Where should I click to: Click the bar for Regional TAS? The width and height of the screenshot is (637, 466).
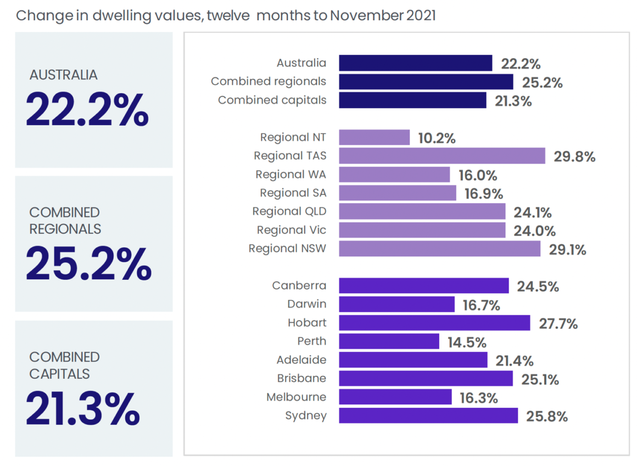coord(442,156)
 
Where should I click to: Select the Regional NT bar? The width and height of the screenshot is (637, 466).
coord(374,137)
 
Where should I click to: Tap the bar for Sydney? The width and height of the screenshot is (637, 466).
coord(428,416)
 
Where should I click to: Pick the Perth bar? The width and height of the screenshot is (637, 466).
coord(389,341)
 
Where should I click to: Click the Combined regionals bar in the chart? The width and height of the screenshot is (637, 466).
coord(426,82)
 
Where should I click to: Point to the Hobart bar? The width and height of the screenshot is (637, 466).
coord(434,323)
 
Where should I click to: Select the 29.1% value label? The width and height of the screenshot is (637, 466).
coord(567,250)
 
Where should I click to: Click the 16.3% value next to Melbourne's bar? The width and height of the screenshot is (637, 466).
coord(478,398)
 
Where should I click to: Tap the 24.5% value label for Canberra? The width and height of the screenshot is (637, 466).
coord(538,287)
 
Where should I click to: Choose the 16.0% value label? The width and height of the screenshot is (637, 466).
coord(478,176)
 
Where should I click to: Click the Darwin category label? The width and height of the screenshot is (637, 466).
coord(306,304)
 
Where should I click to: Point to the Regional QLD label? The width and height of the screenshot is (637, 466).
coord(289,211)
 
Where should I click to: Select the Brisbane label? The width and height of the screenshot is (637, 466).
coord(301,378)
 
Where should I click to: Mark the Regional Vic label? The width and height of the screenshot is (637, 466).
coord(291,230)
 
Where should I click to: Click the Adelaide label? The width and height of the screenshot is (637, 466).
coord(301,360)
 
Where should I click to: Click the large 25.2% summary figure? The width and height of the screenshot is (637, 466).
coord(88,265)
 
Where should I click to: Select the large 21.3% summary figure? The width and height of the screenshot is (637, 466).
coord(83,410)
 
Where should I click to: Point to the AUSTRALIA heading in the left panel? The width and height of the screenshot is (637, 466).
coord(63,75)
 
